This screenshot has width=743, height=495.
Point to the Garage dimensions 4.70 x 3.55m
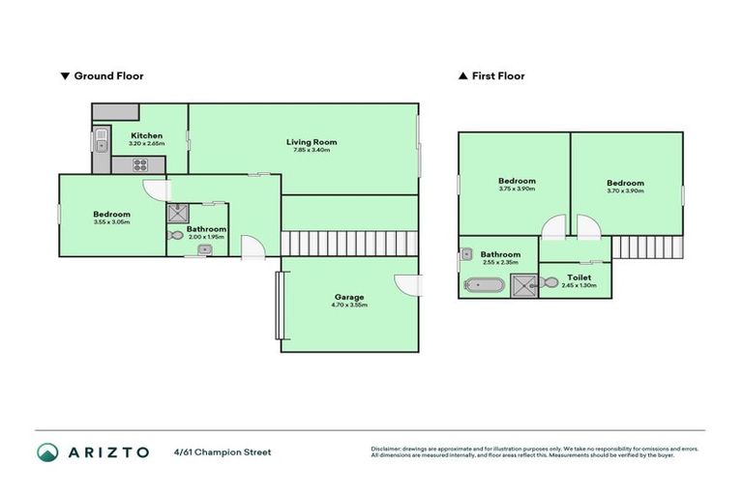348,305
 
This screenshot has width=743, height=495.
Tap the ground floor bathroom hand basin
204,249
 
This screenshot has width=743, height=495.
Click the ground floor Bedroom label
111,214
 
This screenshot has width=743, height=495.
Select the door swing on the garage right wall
408,285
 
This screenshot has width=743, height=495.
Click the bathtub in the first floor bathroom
483,285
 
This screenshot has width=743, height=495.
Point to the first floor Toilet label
580,277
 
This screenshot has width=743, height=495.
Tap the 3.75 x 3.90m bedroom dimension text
517,189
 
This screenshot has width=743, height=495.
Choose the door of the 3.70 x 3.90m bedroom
588,227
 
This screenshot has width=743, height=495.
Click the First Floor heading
497,75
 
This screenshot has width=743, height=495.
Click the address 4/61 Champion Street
223,451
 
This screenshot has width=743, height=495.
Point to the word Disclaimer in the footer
387,449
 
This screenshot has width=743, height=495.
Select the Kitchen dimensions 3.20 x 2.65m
147,144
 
